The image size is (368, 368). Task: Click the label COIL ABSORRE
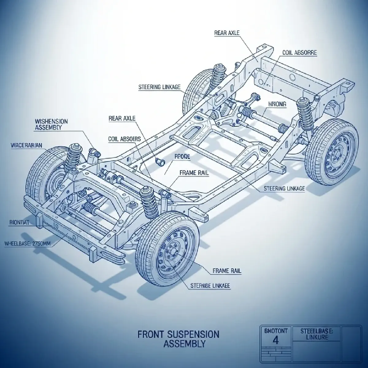[299, 53]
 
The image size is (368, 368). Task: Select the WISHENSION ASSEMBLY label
[51, 124]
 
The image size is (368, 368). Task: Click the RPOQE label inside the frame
[182, 156]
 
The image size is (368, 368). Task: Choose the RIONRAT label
[17, 223]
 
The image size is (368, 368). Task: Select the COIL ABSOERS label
[125, 139]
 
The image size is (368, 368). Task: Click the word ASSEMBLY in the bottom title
[184, 344]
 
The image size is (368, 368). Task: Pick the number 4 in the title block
[275, 341]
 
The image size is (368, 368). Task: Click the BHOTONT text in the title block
[275, 331]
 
